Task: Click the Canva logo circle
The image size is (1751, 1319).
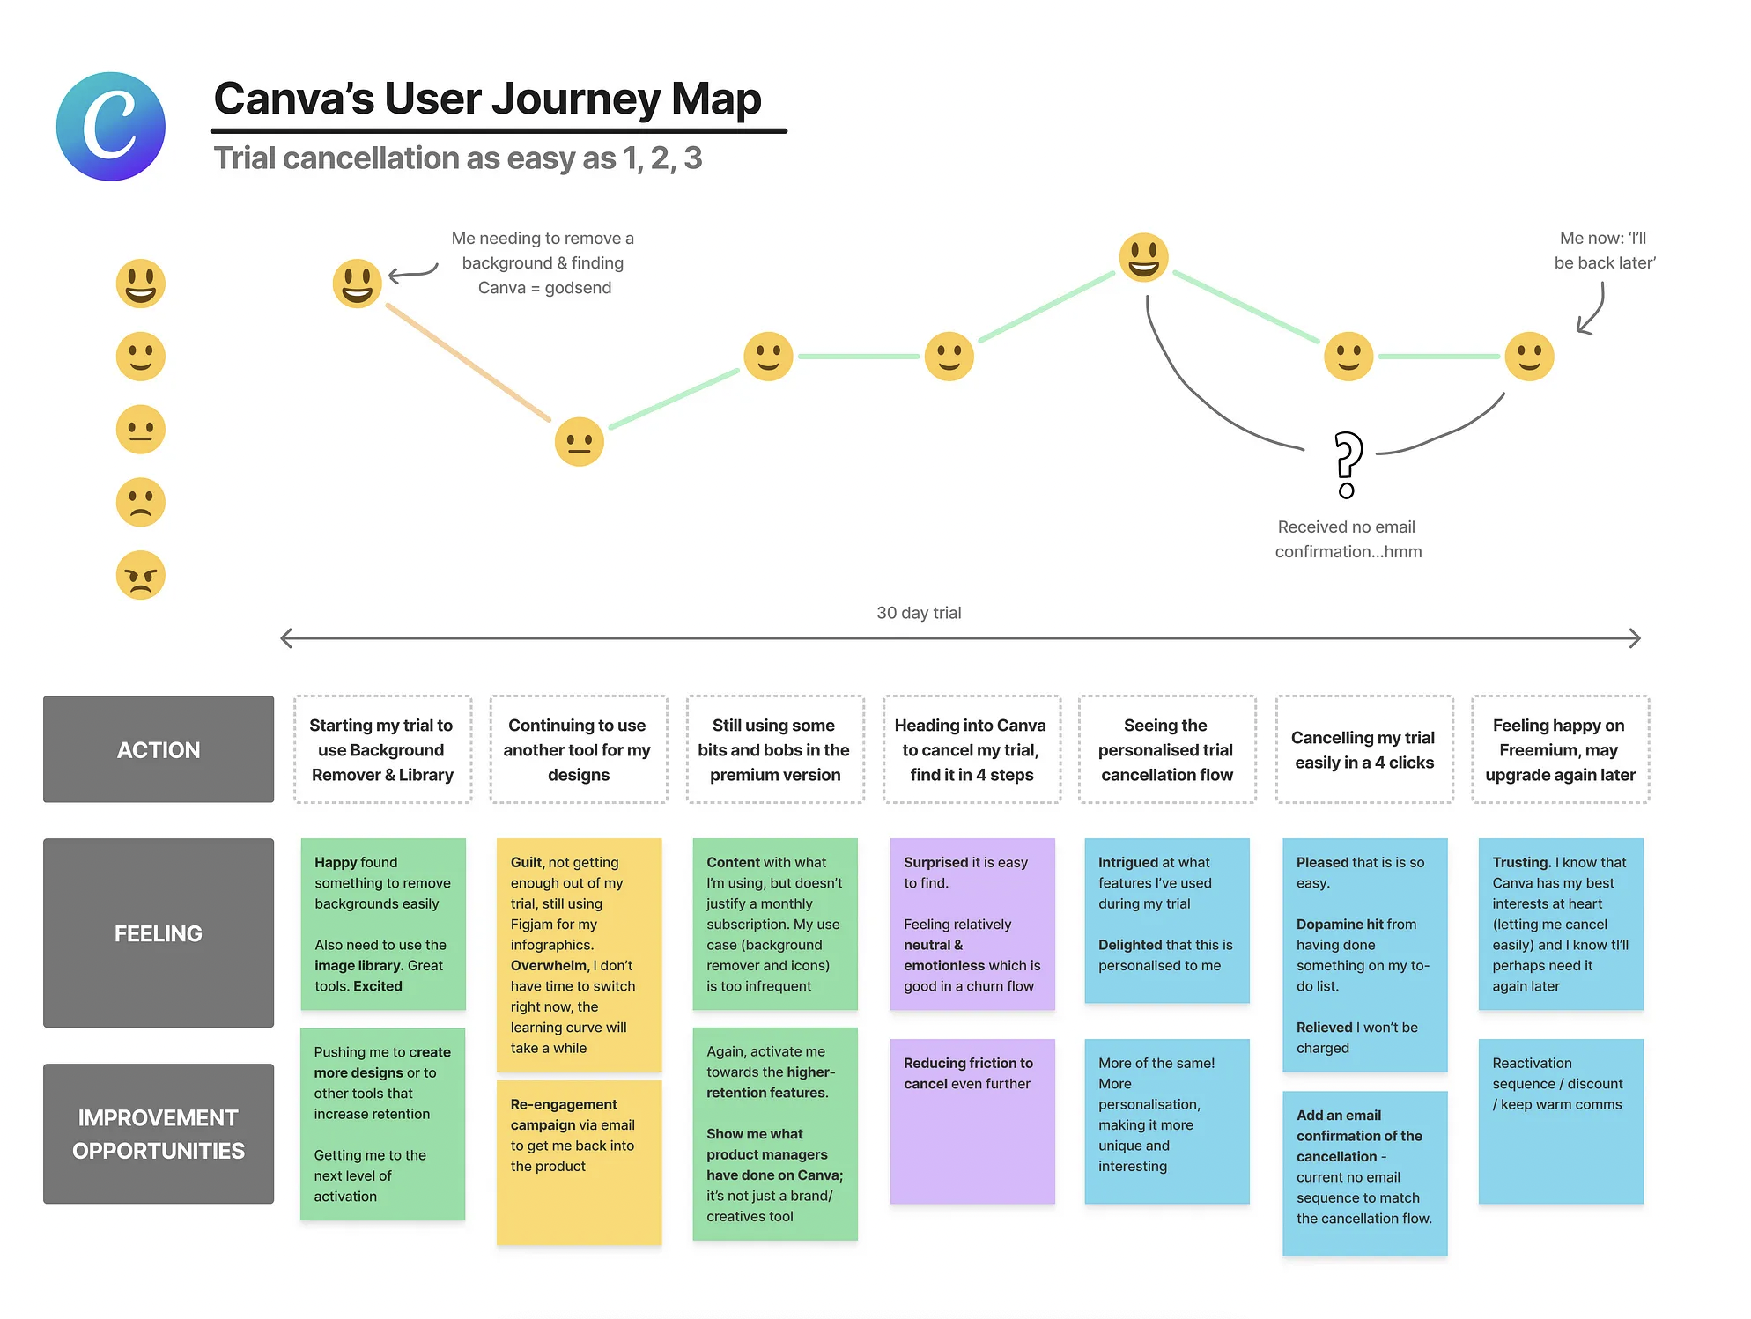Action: click(111, 127)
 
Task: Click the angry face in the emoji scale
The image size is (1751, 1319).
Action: click(141, 576)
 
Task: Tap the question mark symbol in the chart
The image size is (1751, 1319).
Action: click(1347, 465)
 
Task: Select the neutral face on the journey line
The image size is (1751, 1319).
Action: click(580, 441)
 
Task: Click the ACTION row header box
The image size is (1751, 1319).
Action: click(159, 749)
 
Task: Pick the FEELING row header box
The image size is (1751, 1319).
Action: click(159, 932)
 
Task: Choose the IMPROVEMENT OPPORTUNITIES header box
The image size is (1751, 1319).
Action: click(159, 1133)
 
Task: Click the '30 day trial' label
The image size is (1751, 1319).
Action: click(919, 613)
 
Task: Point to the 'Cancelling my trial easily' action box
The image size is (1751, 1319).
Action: click(1363, 749)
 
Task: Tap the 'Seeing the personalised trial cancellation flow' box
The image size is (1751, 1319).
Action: click(1166, 749)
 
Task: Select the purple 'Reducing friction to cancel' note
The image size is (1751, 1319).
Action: click(972, 1121)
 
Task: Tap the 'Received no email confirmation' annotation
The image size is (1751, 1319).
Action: click(1348, 539)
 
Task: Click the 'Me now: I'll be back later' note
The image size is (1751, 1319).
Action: click(1604, 250)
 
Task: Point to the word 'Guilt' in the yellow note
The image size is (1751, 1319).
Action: click(528, 863)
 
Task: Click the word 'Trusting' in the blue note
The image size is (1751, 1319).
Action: click(1520, 863)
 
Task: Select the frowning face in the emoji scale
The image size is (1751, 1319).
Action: click(141, 503)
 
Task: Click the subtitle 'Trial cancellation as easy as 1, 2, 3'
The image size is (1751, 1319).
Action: click(458, 158)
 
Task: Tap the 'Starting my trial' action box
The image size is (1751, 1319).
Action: click(382, 749)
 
